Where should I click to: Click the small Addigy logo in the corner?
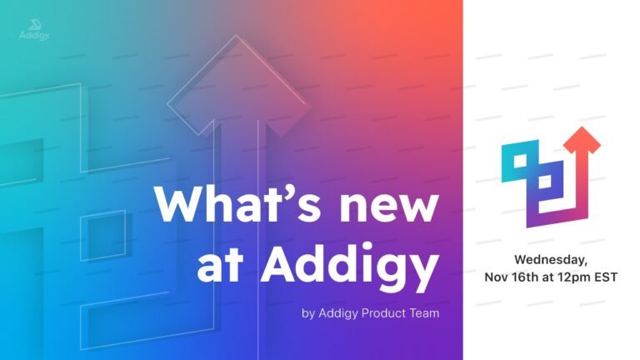(34, 30)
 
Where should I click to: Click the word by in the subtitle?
(308, 314)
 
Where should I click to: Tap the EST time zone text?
(606, 277)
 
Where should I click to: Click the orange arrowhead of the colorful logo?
(582, 140)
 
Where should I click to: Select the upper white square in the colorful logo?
(520, 161)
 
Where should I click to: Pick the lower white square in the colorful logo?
(544, 182)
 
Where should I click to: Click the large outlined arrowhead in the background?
(236, 85)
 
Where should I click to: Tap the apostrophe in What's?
(295, 193)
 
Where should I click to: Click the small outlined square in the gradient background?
(102, 236)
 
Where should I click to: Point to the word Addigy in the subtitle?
(338, 314)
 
